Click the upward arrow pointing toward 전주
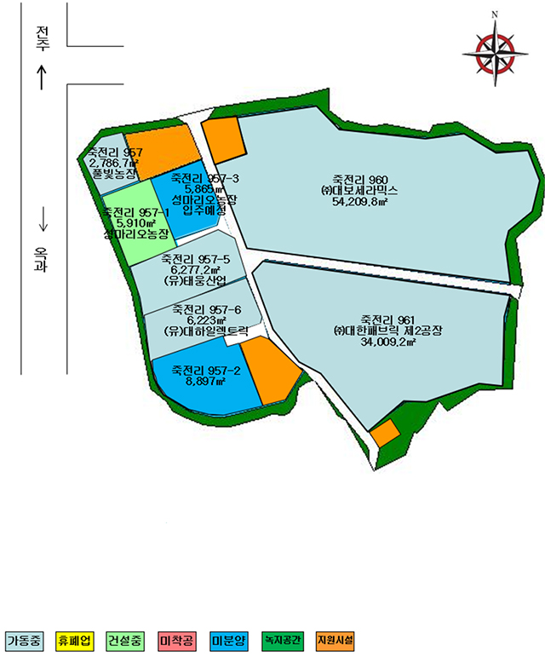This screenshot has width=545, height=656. coord(42,78)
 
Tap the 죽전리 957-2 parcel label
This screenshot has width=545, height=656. coord(206,371)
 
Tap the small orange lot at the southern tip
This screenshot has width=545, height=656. coord(385,434)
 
